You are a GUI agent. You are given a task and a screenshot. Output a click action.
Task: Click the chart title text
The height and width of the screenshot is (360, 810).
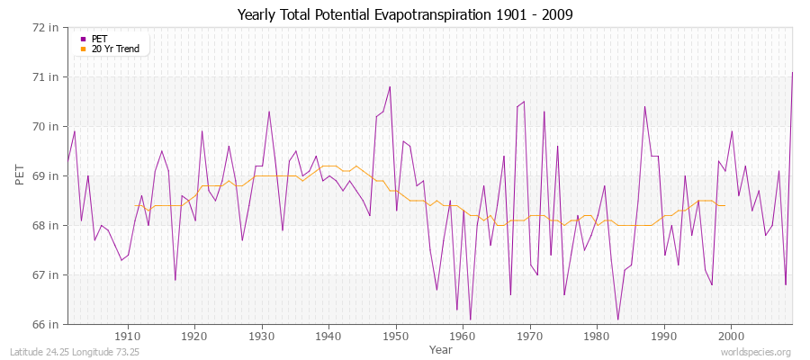tap(405, 14)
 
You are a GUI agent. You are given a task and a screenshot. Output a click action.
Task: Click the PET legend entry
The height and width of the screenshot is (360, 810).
tap(100, 39)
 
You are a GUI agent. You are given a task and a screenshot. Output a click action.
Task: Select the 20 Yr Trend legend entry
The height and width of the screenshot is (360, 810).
tap(115, 49)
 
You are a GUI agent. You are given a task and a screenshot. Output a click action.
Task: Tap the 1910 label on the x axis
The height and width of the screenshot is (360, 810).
tap(128, 337)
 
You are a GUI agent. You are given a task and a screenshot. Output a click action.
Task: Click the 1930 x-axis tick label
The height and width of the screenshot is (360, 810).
tap(262, 337)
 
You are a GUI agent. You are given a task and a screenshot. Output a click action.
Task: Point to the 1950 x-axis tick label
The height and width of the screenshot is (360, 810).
tap(396, 337)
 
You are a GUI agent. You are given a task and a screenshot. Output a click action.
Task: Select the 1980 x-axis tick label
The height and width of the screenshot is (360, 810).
tap(597, 337)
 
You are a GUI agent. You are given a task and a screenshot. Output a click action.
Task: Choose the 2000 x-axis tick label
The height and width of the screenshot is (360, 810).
tap(731, 337)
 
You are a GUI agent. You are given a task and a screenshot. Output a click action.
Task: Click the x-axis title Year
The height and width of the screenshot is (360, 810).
tap(441, 349)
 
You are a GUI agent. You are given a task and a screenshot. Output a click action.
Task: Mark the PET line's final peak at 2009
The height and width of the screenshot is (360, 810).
tap(792, 72)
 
